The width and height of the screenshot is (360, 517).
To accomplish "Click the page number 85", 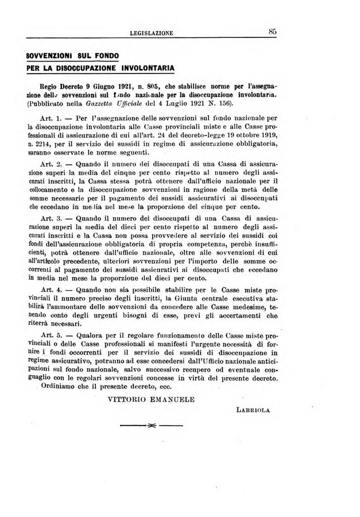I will (x=272, y=32).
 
